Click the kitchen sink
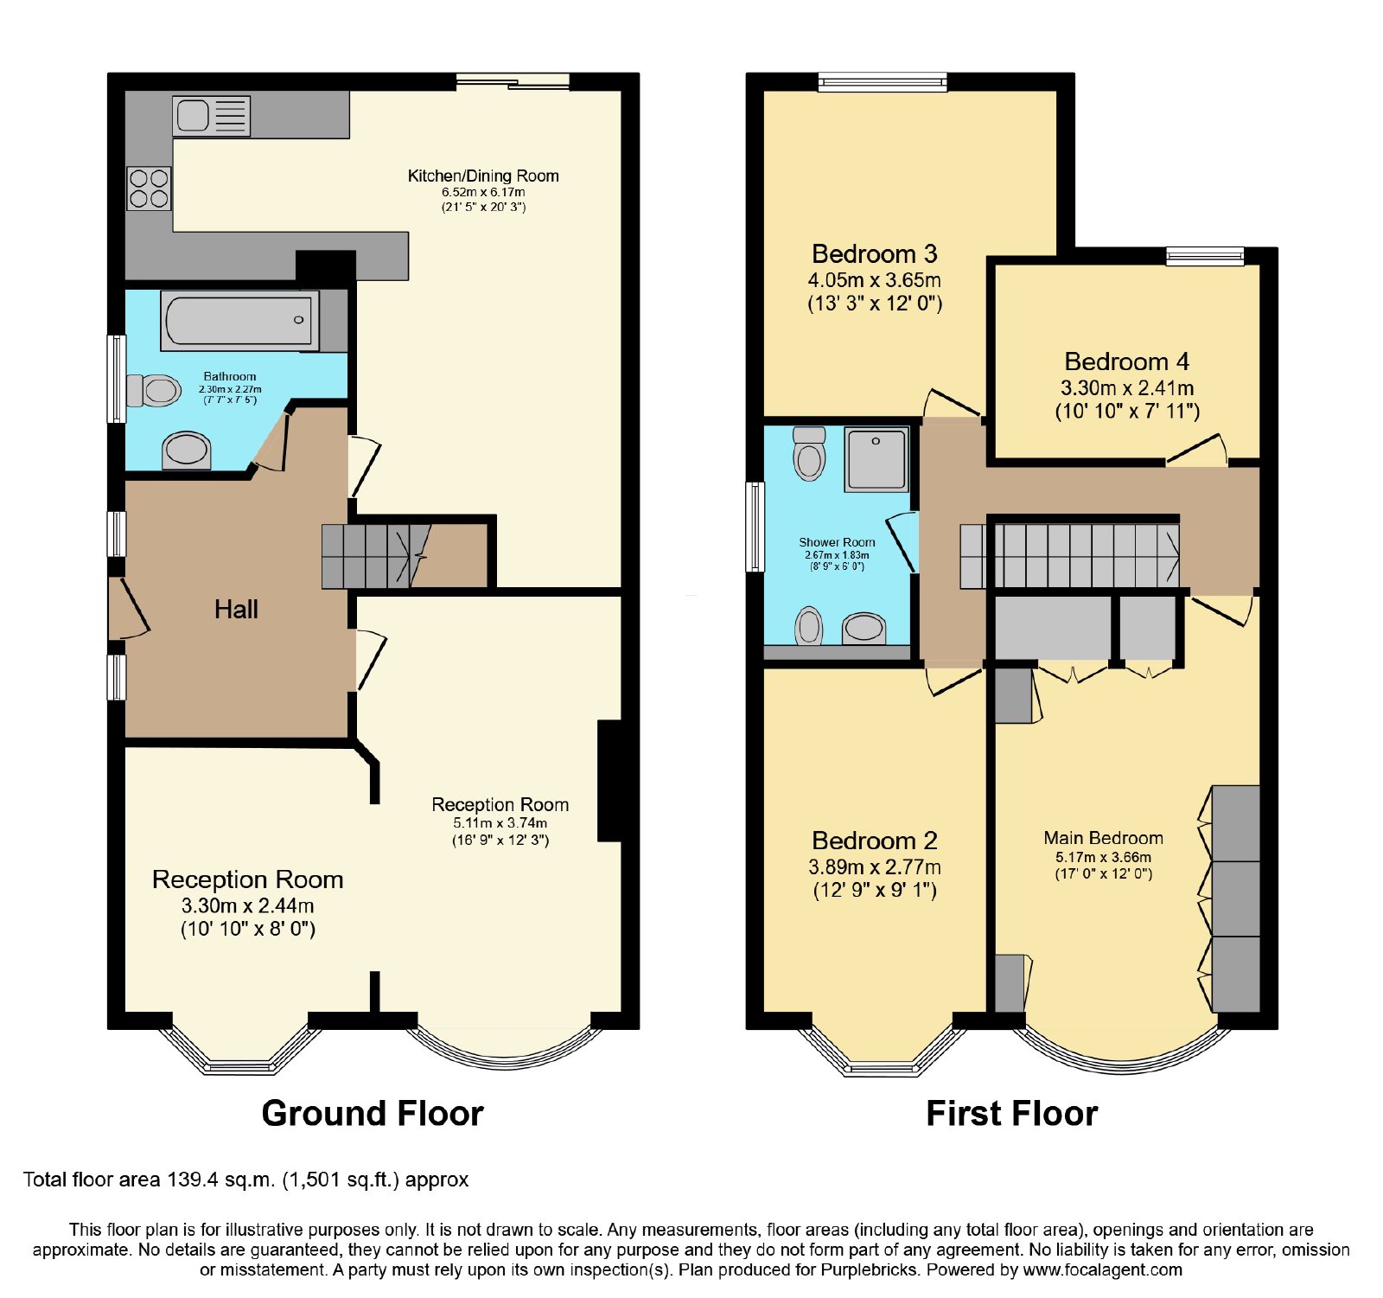tap(212, 116)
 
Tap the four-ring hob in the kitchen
tap(149, 189)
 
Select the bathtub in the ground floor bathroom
tap(239, 320)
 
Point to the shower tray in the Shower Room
tap(876, 459)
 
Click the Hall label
tap(236, 610)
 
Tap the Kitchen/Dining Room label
tap(483, 176)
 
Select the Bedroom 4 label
tap(1126, 361)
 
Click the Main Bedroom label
tap(1103, 837)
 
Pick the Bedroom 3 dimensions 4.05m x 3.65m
tap(874, 280)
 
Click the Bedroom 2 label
tap(874, 841)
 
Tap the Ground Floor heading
tap(373, 1113)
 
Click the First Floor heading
tap(1011, 1113)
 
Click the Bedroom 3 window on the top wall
tap(883, 82)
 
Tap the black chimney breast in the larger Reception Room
tap(609, 781)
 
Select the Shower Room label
tap(837, 542)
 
